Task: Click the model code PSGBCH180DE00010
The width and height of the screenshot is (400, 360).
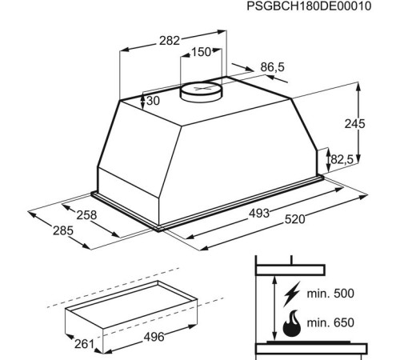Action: click(x=309, y=6)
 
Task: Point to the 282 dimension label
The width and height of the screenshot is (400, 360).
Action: click(x=170, y=41)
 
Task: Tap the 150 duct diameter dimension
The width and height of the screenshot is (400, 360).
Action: click(x=201, y=52)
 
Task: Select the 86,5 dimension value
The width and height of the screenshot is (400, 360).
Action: click(x=273, y=67)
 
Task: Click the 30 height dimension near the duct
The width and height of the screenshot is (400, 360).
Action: click(x=154, y=101)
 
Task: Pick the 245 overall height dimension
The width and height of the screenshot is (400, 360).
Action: click(x=354, y=124)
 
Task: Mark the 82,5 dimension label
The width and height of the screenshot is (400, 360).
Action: click(x=342, y=159)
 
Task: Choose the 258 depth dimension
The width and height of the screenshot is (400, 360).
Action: click(x=86, y=215)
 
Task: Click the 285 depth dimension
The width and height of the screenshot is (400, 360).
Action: click(x=63, y=230)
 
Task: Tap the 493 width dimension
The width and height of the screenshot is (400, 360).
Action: click(x=259, y=214)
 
